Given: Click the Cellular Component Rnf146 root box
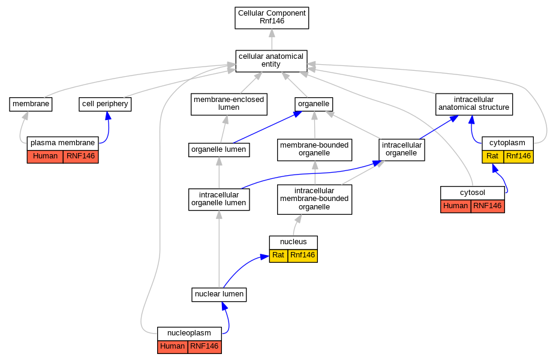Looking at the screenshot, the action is pos(272,17).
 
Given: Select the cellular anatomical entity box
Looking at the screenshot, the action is pos(272,61).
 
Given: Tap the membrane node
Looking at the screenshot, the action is pos(31,104).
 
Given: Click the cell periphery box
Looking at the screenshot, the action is pos(105,104).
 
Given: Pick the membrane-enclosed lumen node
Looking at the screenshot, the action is pos(229,104).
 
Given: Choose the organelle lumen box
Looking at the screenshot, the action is pos(219,150).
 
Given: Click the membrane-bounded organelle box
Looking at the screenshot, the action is pos(314,150).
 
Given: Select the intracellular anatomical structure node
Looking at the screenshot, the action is pos(474,104).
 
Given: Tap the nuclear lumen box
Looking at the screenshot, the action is pos(219,295).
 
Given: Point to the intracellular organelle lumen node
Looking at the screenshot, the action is pos(219,199).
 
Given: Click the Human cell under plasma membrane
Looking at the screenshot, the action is pos(45,157).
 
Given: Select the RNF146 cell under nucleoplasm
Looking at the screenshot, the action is pos(205,347).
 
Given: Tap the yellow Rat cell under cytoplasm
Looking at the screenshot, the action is pos(493,157).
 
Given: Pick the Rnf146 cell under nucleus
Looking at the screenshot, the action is pos(302,256).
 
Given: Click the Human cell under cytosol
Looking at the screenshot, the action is pos(455,206).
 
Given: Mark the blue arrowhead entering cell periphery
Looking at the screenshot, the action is pos(108,116).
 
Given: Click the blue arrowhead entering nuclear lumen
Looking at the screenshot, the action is pos(224,306).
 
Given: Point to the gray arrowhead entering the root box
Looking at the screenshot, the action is pos(272,33).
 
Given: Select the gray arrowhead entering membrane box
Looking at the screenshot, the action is pos(25,116).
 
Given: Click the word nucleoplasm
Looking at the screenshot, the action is pos(189,334).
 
